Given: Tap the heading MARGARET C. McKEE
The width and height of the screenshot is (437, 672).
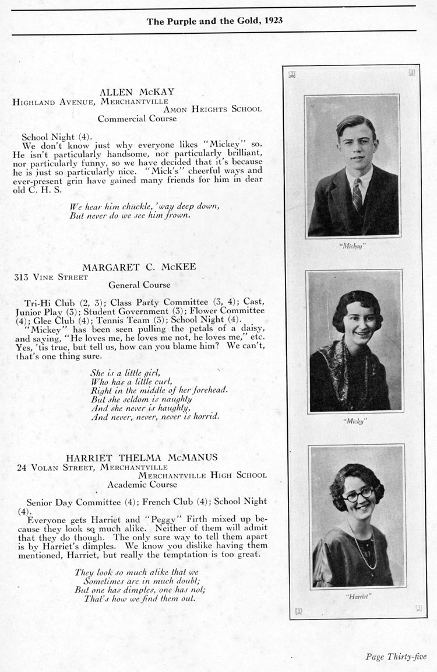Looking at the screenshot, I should [139, 267].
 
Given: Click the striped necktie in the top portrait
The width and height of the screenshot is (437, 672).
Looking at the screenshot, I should [357, 194].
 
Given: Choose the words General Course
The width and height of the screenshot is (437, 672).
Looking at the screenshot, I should [139, 285].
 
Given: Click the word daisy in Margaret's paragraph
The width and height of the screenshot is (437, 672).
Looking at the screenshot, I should [251, 328].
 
